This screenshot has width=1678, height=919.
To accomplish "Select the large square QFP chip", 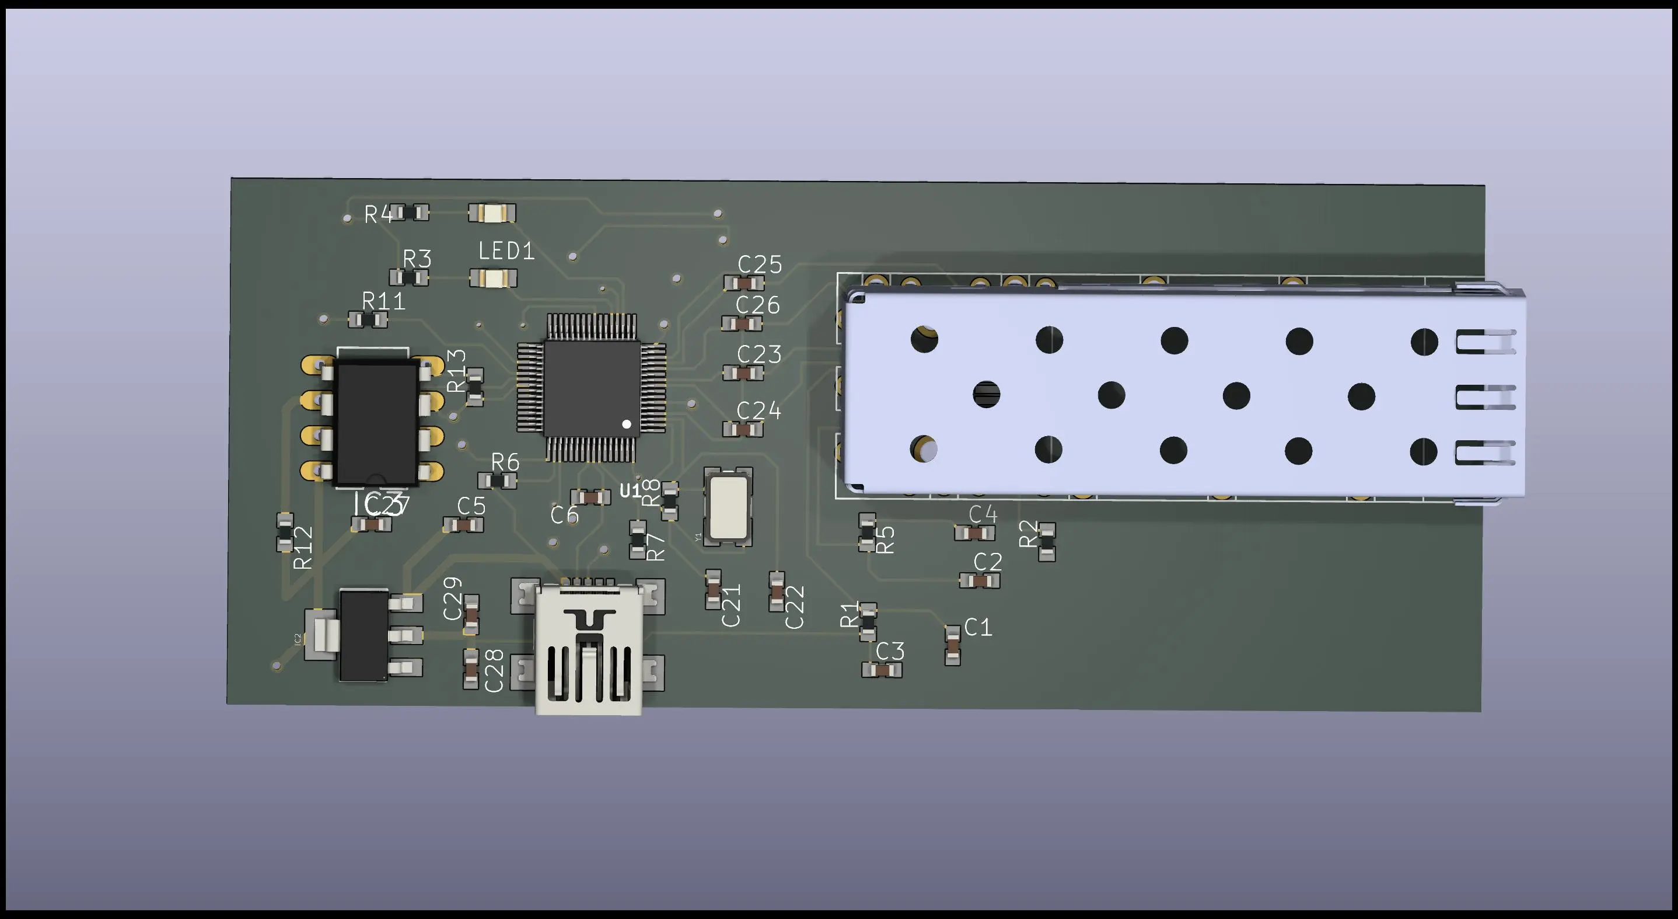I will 591,388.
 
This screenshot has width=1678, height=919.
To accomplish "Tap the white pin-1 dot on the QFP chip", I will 627,424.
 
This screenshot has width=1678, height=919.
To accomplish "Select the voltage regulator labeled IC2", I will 365,635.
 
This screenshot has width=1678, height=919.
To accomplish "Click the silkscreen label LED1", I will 506,251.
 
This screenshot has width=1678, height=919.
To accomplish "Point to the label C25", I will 760,264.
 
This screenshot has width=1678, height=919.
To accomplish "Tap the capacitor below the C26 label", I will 742,323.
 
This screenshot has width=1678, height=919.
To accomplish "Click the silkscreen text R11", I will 384,301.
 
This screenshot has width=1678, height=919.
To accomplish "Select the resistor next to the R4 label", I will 410,213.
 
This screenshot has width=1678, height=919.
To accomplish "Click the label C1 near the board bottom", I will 978,627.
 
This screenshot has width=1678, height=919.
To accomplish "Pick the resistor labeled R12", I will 285,532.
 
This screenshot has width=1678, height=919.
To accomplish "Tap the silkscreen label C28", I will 494,670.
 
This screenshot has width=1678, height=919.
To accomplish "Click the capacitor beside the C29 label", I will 471,614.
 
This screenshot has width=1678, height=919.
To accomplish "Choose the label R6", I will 505,462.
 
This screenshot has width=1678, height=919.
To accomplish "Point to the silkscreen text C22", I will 795,607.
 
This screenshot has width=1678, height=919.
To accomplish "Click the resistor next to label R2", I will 1047,542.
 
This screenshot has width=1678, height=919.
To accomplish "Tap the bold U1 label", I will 630,491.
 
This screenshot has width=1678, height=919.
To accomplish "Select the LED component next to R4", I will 492,213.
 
